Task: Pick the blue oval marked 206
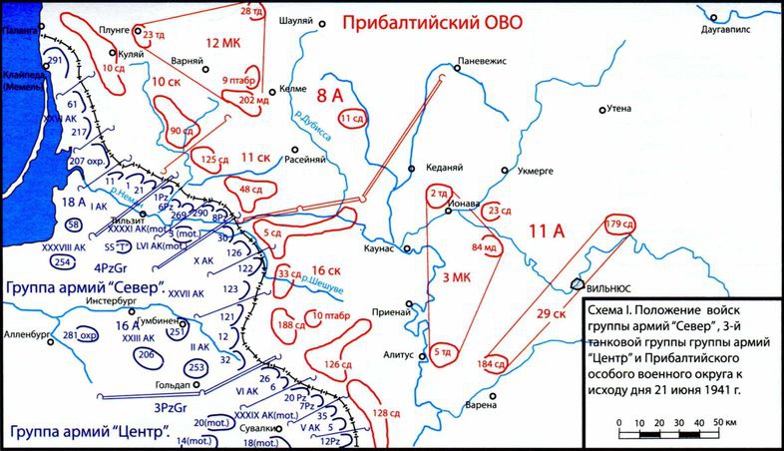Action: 146,354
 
